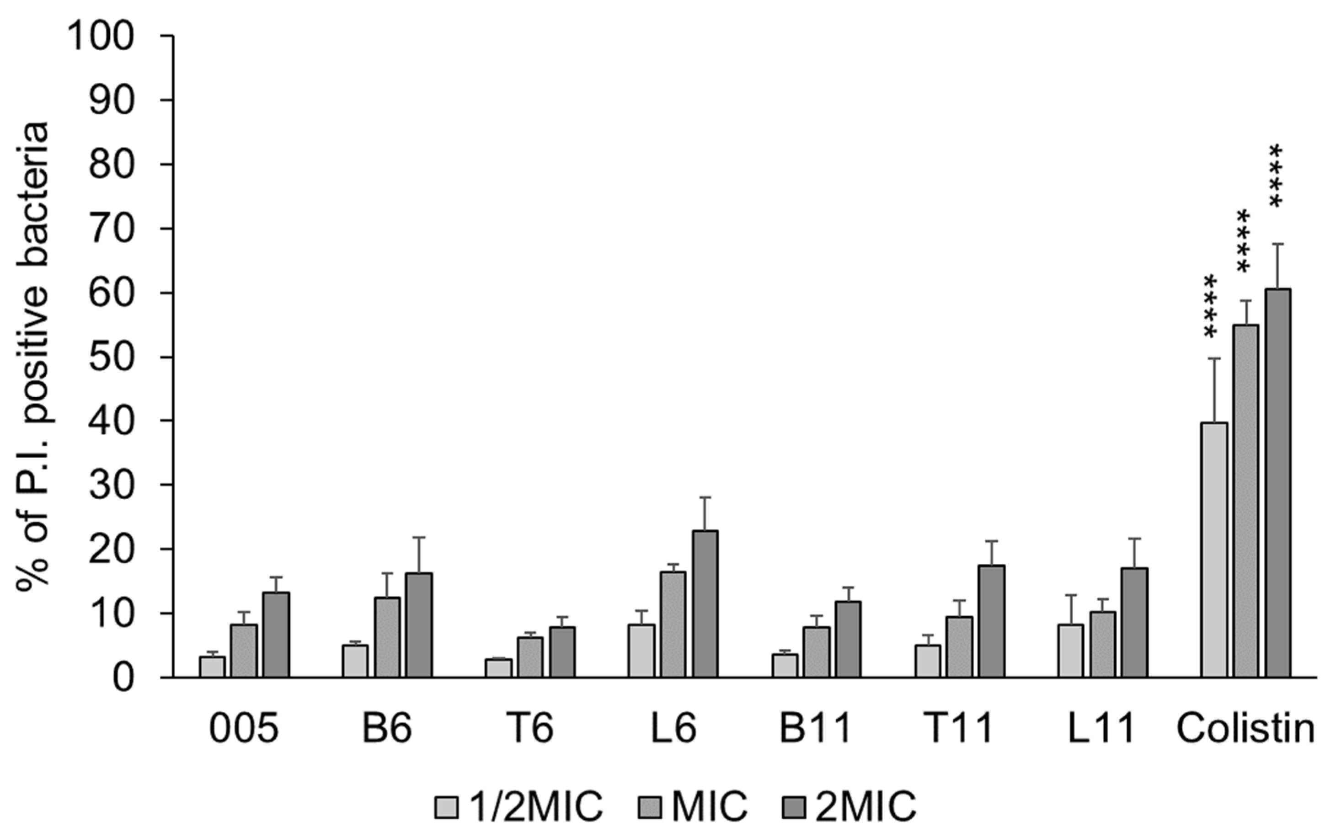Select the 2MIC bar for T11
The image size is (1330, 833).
pyautogui.click(x=992, y=621)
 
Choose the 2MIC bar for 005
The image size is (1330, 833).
pyautogui.click(x=276, y=635)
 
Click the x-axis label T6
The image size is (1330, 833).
pyautogui.click(x=529, y=729)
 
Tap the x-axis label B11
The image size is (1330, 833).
pyautogui.click(x=816, y=729)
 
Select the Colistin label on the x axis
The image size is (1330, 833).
pyautogui.click(x=1245, y=729)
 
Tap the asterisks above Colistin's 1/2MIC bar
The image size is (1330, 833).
pyautogui.click(x=1210, y=306)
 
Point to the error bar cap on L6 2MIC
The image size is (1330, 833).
pyautogui.click(x=705, y=497)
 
